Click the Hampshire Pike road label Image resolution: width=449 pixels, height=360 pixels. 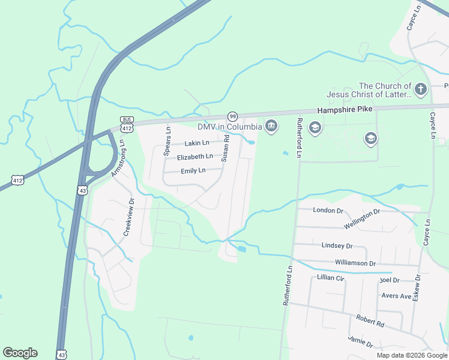tap(345, 109)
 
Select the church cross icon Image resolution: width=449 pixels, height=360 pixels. tap(421, 90)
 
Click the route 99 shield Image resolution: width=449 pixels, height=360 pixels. tap(232, 116)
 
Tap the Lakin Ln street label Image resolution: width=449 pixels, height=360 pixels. tap(197, 143)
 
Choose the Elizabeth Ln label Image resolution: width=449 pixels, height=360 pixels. tap(194, 157)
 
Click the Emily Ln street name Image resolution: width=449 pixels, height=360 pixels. tap(193, 170)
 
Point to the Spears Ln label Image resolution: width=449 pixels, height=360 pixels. tap(167, 142)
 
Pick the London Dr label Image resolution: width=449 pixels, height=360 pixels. tap(328, 211)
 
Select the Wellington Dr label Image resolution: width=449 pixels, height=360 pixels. tap(362, 219)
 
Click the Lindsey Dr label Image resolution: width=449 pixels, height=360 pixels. tap(337, 246)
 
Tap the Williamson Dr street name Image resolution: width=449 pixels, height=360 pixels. tap(355, 263)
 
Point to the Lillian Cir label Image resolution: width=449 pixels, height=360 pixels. tap(331, 278)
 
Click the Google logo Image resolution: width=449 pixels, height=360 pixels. tap(20, 353)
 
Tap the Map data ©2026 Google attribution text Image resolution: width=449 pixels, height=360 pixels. tap(412, 355)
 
